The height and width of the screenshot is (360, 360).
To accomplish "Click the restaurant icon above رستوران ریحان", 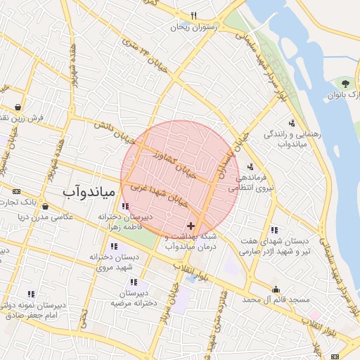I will tap(193, 15).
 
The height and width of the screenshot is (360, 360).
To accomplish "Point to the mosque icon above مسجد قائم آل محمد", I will tap(276, 288).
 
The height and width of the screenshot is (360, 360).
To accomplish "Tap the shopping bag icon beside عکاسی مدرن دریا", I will tap(46, 207).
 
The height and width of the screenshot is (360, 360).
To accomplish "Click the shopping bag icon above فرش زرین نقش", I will tap(18, 107).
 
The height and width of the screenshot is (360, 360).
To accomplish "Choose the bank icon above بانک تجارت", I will tap(17, 191).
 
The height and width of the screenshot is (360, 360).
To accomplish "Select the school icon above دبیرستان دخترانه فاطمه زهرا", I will tap(124, 206).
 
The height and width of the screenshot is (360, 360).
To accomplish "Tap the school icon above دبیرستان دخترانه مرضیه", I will tap(133, 281).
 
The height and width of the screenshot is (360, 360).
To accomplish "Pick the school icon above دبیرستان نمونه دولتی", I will tap(31, 294).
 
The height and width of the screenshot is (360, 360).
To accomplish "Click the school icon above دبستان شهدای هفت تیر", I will tap(274, 230).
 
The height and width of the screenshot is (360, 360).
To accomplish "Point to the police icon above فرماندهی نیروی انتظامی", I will tap(251, 167).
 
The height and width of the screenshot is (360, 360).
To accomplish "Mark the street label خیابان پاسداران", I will tap(236, 156).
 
